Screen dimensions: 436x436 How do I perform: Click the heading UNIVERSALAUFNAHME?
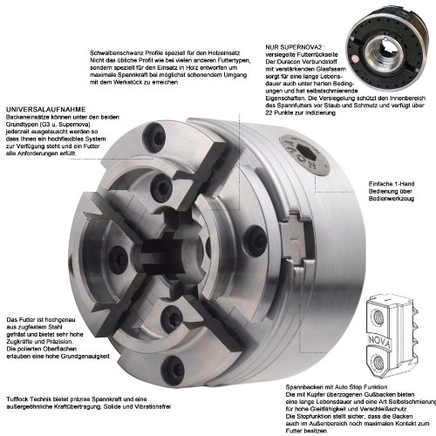46,110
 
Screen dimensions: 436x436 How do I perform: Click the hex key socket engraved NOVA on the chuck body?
304,155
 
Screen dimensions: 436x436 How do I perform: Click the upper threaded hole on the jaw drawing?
379,316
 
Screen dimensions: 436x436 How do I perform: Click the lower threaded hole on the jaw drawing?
378,362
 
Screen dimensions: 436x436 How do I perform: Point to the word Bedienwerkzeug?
392,199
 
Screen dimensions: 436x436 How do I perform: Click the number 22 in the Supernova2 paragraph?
269,112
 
